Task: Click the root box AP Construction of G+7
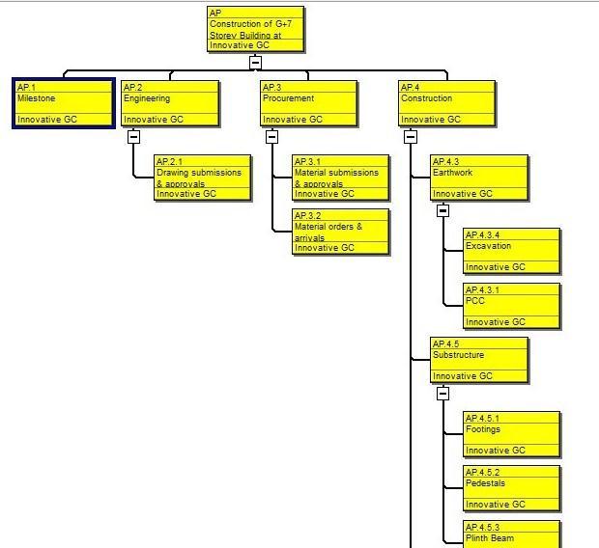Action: [x=256, y=29]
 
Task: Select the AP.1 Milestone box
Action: [x=64, y=103]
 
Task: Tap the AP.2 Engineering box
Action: [x=170, y=103]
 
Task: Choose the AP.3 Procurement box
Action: [x=309, y=103]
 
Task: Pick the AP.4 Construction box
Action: [x=448, y=103]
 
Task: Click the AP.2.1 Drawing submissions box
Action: [x=203, y=178]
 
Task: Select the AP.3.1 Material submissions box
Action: [x=341, y=178]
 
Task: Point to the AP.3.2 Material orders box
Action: [x=341, y=232]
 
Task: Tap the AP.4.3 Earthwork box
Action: [x=479, y=178]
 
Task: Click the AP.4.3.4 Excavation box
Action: [x=512, y=251]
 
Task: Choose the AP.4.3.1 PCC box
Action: [x=512, y=306]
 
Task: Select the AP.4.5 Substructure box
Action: [x=479, y=360]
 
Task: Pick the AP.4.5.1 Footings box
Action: [x=512, y=434]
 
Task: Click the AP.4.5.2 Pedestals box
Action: [x=512, y=488]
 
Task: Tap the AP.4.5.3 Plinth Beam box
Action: [x=512, y=534]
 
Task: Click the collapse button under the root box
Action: [x=255, y=63]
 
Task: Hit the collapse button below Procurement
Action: [x=272, y=137]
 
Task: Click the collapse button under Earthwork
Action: [x=442, y=210]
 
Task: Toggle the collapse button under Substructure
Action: [x=442, y=394]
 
